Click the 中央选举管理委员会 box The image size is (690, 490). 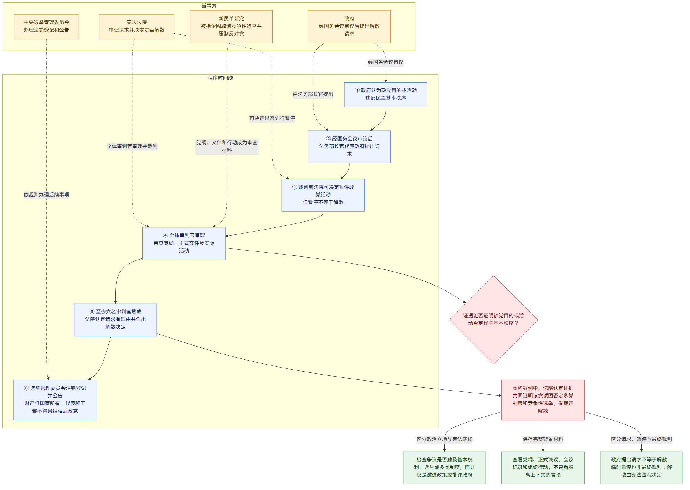pos(46,27)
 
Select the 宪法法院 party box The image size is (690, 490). pos(136,27)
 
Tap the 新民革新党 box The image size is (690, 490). pos(231,27)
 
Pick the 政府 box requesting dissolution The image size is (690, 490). pos(349,27)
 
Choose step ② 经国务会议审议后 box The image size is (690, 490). pos(349,147)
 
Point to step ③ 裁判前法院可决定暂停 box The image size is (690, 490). pos(323,195)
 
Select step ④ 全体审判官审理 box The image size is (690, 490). pos(184,243)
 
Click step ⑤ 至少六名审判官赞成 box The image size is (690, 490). pos(115,320)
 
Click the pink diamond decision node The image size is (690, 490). pos(493,320)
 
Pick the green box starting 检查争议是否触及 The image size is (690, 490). pos(444,467)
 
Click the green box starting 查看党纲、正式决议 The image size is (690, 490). pos(543,467)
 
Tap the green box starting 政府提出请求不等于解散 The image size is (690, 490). pos(641,467)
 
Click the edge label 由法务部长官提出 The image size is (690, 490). pos(313,94)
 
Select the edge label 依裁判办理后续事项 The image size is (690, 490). pos(46,195)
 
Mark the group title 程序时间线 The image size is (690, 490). pos(220,78)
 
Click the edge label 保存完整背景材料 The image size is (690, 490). pos(543,439)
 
